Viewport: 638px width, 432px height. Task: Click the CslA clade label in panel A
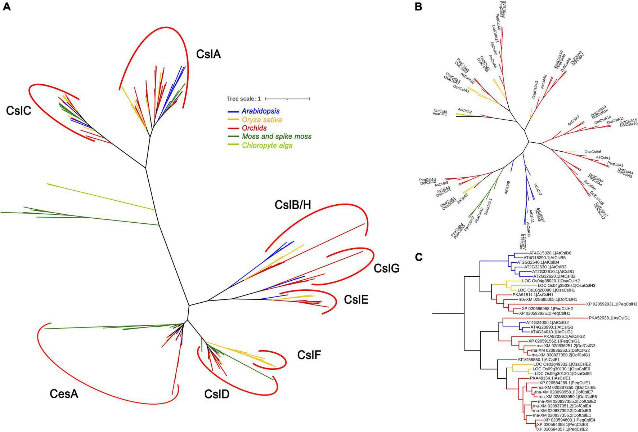[x=208, y=54]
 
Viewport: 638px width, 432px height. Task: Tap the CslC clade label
[x=19, y=111]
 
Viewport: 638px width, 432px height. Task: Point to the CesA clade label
[x=64, y=394]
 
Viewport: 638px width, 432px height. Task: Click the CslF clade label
[x=309, y=355]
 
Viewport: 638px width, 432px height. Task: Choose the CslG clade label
[x=386, y=268]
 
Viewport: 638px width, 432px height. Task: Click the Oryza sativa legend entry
[x=262, y=120]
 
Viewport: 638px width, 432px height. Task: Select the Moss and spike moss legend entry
[x=277, y=137]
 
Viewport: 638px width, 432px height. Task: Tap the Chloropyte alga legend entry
[x=267, y=146]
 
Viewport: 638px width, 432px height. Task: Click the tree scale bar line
[x=287, y=99]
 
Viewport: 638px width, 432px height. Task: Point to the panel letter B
[x=418, y=6]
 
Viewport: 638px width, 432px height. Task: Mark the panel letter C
[x=418, y=257]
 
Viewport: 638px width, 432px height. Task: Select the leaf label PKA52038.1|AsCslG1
[x=609, y=318]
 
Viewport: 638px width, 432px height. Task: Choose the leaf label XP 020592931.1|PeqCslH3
[x=611, y=304]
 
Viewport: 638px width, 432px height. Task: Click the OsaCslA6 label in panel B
[x=593, y=152]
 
